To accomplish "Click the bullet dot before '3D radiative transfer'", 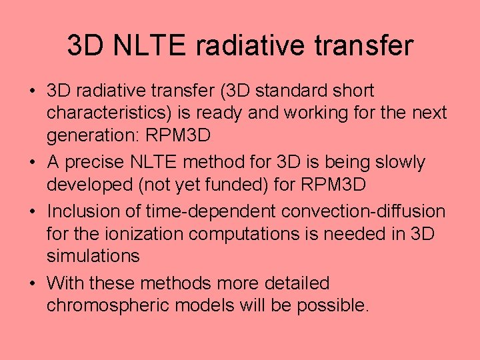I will click(33, 91).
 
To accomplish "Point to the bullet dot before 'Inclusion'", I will click(33, 212).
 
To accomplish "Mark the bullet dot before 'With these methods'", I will click(33, 284).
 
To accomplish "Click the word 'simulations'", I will click(93, 256).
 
